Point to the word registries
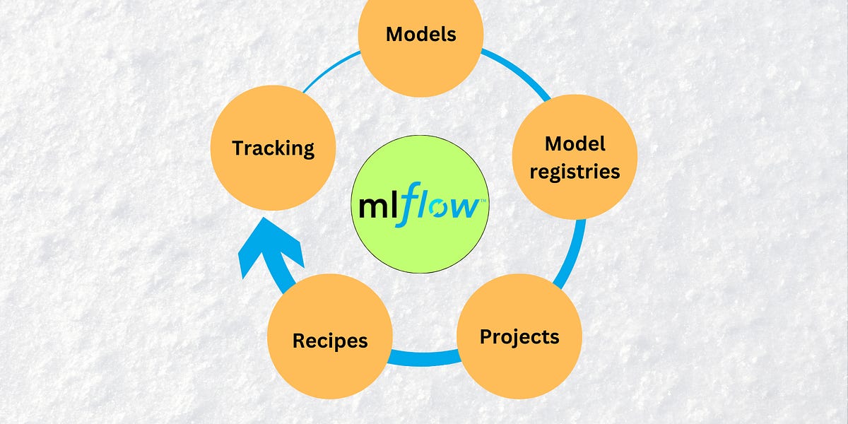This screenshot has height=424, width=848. [x=575, y=171]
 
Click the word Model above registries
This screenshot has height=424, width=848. [x=575, y=144]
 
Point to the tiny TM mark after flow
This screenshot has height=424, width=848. [x=484, y=201]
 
